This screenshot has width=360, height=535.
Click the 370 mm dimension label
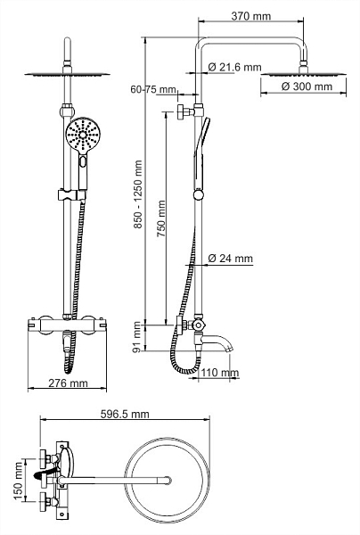coord(251,16)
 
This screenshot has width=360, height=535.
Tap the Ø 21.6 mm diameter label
coord(235,67)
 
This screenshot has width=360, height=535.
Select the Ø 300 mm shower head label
coord(307,86)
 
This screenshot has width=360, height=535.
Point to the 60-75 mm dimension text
coord(153,89)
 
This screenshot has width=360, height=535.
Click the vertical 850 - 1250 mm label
coord(138,194)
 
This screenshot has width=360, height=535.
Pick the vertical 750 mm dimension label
coord(161,218)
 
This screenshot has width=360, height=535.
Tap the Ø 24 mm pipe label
coord(231,259)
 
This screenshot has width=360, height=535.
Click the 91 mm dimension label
coord(137,337)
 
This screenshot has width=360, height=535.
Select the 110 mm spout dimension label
coord(220,372)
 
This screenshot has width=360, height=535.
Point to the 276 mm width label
coord(68,383)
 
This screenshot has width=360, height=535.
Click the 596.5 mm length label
coord(125,415)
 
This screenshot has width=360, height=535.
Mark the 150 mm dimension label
coord(18,481)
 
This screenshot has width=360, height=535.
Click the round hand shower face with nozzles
coord(83,135)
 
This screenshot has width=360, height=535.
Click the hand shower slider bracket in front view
coord(71,194)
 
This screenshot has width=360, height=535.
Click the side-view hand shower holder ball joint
coord(198,194)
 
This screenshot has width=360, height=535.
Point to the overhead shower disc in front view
coord(68,74)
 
